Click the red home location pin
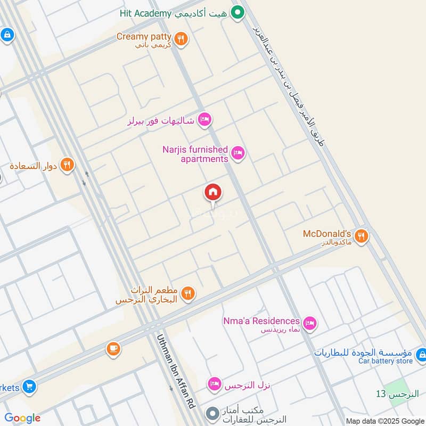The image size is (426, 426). [213, 193]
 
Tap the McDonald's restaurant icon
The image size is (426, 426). [362, 235]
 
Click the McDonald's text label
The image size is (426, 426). [327, 234]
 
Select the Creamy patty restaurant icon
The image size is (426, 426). [181, 38]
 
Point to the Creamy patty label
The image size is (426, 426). [144, 37]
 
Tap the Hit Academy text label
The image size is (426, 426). [144, 13]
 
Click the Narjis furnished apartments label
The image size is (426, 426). [195, 154]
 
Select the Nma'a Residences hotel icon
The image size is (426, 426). [309, 323]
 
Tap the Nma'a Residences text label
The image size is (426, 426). [261, 321]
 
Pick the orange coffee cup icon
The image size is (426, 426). [113, 349]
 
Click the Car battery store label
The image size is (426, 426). [386, 361]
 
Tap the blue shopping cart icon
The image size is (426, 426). [29, 386]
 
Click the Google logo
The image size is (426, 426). [22, 418]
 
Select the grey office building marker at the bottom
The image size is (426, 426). [212, 413]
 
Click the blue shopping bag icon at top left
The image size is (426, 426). [7, 35]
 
